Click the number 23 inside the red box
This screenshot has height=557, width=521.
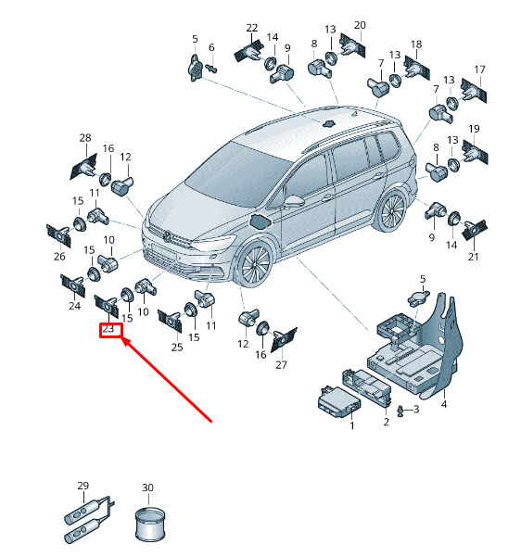point(108,329)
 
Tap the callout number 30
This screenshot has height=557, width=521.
point(147,487)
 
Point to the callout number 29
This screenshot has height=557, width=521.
point(83,486)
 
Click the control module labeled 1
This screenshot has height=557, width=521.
point(339,401)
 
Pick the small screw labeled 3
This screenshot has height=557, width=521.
point(401,411)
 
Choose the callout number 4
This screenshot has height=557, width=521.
point(444,404)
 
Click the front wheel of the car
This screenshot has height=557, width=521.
point(255,263)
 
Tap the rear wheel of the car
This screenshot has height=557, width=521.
point(392,210)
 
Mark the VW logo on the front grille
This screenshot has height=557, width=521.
point(166,236)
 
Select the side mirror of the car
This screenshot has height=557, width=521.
point(294,201)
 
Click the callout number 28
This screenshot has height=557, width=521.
point(85,137)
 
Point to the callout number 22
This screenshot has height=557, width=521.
point(252,28)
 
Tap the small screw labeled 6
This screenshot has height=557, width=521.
point(211,68)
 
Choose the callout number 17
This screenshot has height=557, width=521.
point(480,70)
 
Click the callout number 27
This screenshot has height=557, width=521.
point(281,365)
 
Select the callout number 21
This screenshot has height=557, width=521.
point(473,257)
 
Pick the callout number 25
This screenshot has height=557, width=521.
point(177,347)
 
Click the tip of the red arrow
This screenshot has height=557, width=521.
point(122,338)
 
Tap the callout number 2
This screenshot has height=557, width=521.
point(387,422)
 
